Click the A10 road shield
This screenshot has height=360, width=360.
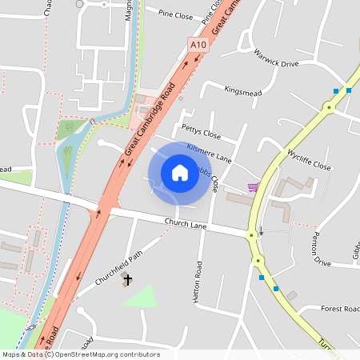(x=198, y=47)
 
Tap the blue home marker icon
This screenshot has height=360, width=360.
(x=179, y=172)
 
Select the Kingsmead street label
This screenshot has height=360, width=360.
(x=242, y=91)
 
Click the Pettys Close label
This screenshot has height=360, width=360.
(x=201, y=129)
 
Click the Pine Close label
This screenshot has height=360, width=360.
(x=175, y=14)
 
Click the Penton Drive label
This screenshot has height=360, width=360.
(x=322, y=251)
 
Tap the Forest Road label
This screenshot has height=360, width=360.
(x=340, y=308)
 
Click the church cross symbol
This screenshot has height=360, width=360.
(x=126, y=280)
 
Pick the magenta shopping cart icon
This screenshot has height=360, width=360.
(x=254, y=187)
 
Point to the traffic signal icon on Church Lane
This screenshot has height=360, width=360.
(x=260, y=234)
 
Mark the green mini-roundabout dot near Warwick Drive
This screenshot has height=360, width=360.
(x=328, y=107)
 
